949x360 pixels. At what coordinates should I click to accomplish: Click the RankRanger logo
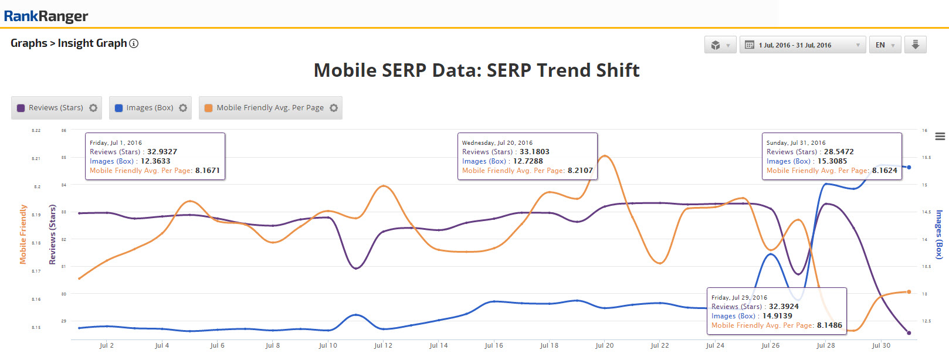tap(46, 16)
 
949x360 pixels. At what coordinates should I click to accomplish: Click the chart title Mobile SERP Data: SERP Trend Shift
tap(476, 70)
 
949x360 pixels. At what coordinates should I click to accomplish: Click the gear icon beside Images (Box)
tap(183, 108)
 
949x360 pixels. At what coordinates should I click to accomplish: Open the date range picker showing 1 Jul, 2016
tap(802, 45)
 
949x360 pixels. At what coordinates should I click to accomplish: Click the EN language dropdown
tap(884, 45)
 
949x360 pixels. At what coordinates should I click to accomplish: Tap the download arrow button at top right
tap(915, 45)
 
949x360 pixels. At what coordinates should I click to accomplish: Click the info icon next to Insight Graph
tap(134, 43)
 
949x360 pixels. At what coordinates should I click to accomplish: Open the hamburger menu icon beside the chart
tap(940, 137)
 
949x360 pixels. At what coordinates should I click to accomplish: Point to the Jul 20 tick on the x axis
tap(604, 345)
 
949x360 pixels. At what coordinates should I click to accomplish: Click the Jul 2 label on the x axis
tap(107, 345)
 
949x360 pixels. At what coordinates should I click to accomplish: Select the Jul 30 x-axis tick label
tap(881, 345)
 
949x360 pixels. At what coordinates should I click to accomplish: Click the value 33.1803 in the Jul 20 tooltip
tap(534, 152)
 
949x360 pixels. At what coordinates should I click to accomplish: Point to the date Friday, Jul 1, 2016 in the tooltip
tap(116, 142)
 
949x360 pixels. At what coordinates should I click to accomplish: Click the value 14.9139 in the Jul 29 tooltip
tap(777, 316)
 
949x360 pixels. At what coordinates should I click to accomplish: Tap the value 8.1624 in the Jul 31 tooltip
tap(884, 171)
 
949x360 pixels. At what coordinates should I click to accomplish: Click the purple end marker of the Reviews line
tap(909, 333)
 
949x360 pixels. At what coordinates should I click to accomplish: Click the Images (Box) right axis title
tap(938, 234)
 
